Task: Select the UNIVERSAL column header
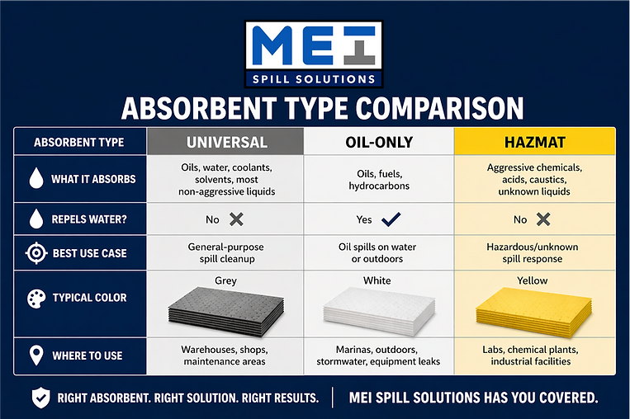[226, 142]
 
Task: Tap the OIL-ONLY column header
[379, 142]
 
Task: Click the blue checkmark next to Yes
[391, 219]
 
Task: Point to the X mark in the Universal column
[235, 219]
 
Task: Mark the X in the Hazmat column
[542, 219]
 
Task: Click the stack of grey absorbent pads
[226, 312]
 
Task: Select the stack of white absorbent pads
[379, 312]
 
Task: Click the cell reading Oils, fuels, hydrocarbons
[379, 179]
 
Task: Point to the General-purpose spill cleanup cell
[226, 253]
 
